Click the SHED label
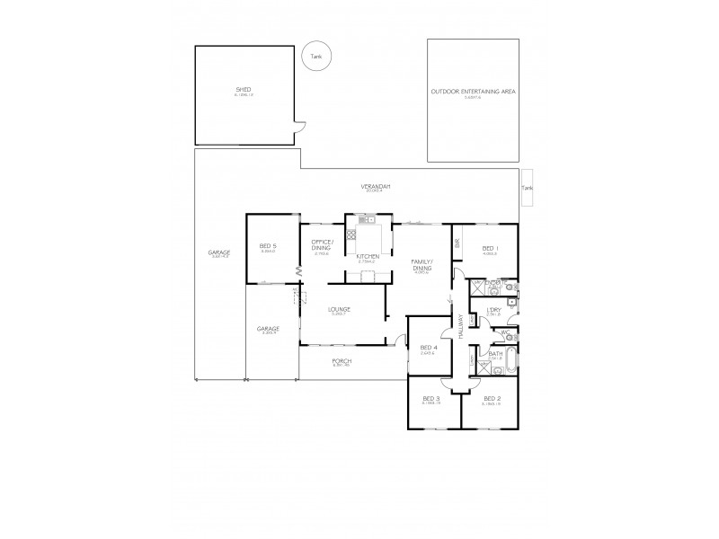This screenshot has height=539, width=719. (x=243, y=89)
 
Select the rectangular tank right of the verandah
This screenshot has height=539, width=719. (x=528, y=188)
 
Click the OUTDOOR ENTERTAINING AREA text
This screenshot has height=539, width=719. (x=473, y=93)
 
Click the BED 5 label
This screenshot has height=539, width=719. (x=267, y=246)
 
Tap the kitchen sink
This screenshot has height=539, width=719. (x=366, y=219)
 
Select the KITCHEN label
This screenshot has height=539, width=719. (x=368, y=257)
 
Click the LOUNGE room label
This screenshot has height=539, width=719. (x=340, y=310)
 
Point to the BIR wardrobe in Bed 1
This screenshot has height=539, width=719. (x=457, y=243)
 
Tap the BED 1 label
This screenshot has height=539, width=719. (x=490, y=248)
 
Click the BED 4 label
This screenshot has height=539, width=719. (x=428, y=348)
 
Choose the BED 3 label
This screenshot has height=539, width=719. (x=432, y=398)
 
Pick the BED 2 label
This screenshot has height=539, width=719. (x=491, y=398)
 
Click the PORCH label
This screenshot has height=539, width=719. (x=342, y=360)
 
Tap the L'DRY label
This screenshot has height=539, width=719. (x=493, y=310)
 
